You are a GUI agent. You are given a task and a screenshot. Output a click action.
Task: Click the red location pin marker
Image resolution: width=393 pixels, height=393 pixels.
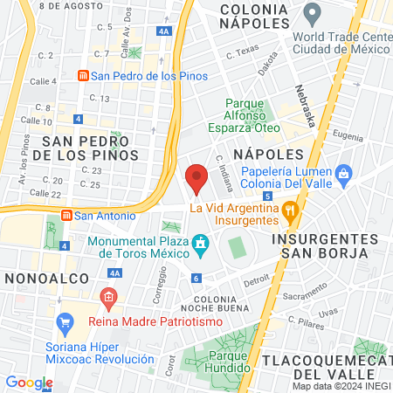click(196, 179)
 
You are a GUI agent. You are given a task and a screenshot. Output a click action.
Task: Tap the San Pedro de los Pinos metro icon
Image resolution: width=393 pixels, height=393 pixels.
click(83, 75)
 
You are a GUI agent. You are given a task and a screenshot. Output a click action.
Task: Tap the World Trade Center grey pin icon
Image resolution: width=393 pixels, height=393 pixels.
click(312, 13)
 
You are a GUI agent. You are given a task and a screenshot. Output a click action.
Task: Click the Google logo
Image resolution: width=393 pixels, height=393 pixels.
click(29, 382)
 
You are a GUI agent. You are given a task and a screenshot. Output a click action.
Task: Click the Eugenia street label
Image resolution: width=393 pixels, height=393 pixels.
click(347, 136)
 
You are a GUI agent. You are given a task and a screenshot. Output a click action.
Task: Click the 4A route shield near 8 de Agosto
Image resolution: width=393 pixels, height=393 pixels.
click(164, 31)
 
